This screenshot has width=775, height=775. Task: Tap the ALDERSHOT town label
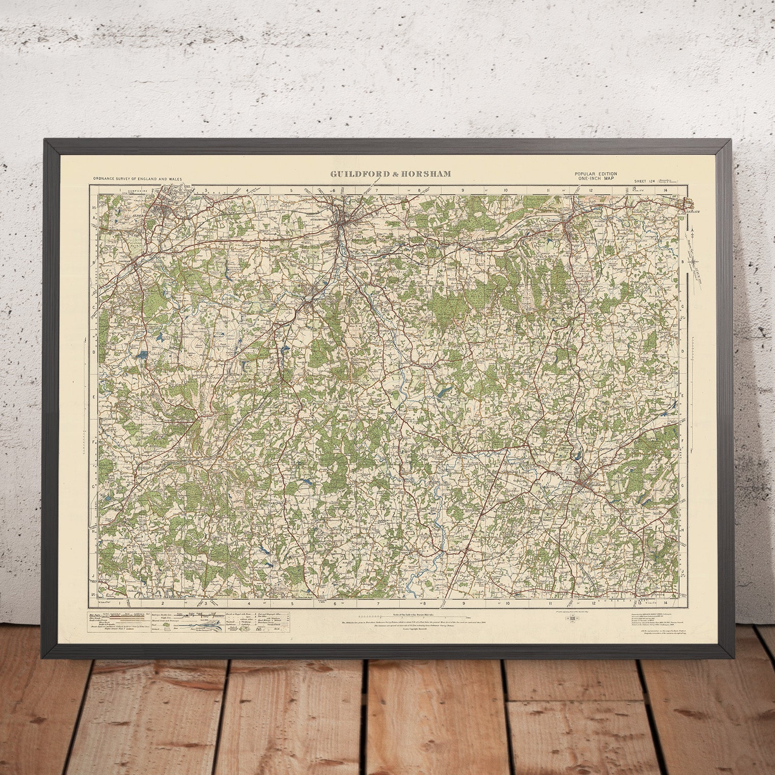131,215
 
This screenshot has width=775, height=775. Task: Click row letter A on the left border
94,216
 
